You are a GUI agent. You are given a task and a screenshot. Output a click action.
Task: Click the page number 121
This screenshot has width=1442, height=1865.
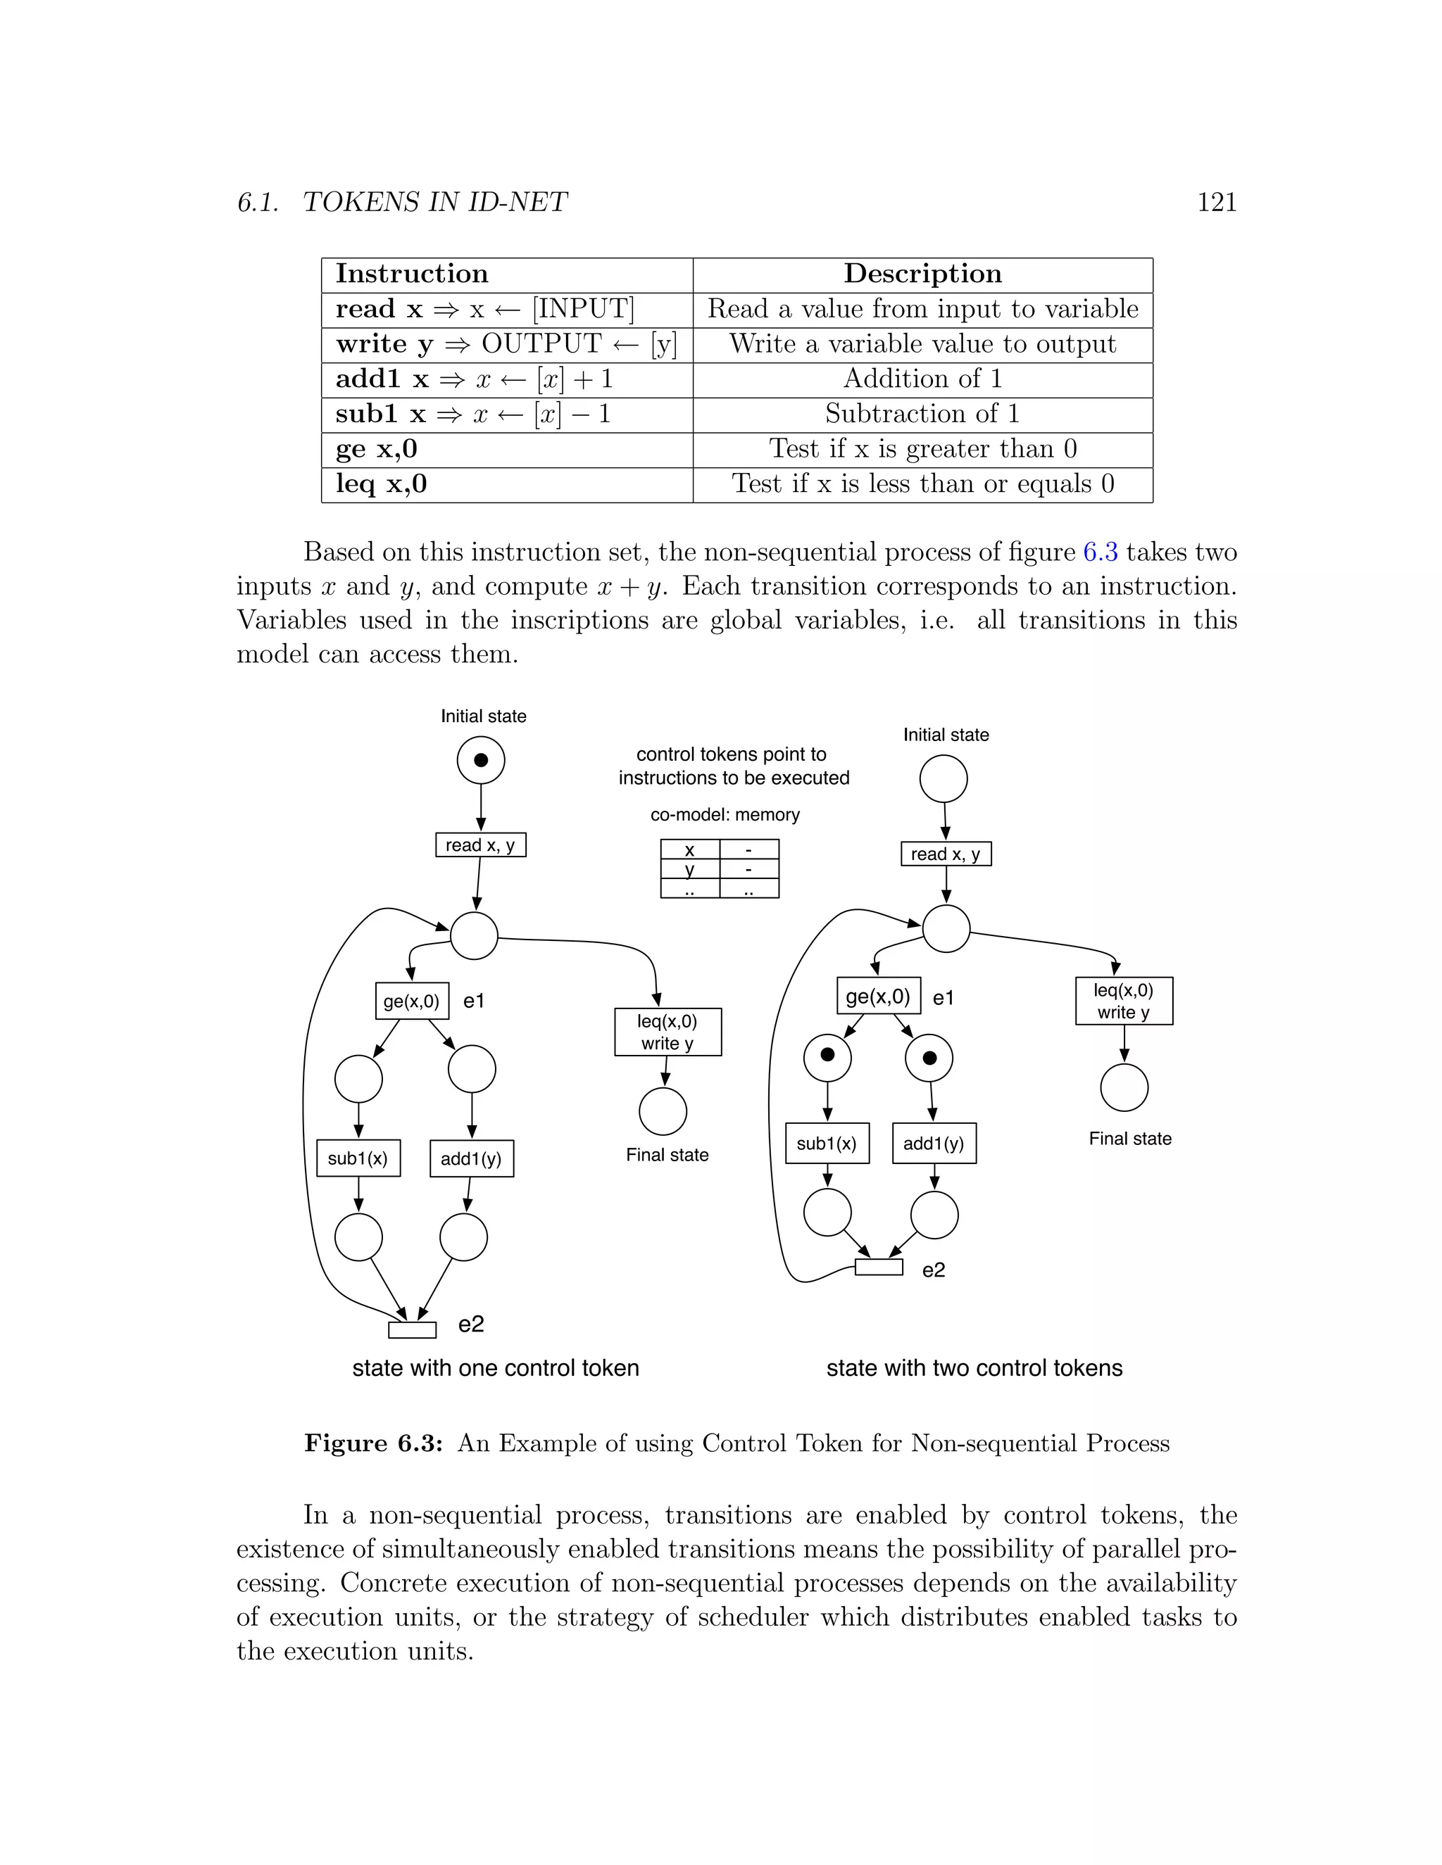[x=1217, y=203]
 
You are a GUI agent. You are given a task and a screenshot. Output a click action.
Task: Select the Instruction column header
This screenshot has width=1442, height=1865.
[x=412, y=274]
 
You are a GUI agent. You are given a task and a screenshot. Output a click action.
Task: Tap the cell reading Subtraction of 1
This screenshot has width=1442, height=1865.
[x=922, y=414]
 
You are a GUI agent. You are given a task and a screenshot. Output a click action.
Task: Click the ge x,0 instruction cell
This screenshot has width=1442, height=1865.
[x=377, y=449]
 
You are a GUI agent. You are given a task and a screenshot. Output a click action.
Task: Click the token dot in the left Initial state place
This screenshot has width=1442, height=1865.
[x=481, y=760]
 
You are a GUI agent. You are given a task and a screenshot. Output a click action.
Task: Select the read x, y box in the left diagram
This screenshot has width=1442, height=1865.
[x=480, y=845]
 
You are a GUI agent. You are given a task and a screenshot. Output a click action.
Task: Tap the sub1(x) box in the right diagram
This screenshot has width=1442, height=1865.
[x=826, y=1144]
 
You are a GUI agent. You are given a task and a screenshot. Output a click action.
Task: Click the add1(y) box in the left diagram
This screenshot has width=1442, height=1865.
[x=471, y=1159]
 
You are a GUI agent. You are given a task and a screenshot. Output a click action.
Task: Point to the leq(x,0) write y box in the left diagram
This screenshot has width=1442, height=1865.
[x=667, y=1032]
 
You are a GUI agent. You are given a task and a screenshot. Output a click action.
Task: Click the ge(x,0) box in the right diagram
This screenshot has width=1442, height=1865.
[x=877, y=996]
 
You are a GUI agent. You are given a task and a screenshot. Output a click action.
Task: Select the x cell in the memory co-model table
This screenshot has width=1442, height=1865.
[x=689, y=849]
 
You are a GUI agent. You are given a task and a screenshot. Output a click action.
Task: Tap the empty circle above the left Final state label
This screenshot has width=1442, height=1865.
[x=663, y=1112]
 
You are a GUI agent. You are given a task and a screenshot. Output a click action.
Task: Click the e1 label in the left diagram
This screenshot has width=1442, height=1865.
[x=474, y=1001]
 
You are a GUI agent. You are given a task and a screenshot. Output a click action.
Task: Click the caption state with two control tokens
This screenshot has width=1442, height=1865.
[x=974, y=1368]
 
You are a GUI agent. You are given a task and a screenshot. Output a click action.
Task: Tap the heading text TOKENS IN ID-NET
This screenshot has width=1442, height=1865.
[x=435, y=203]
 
